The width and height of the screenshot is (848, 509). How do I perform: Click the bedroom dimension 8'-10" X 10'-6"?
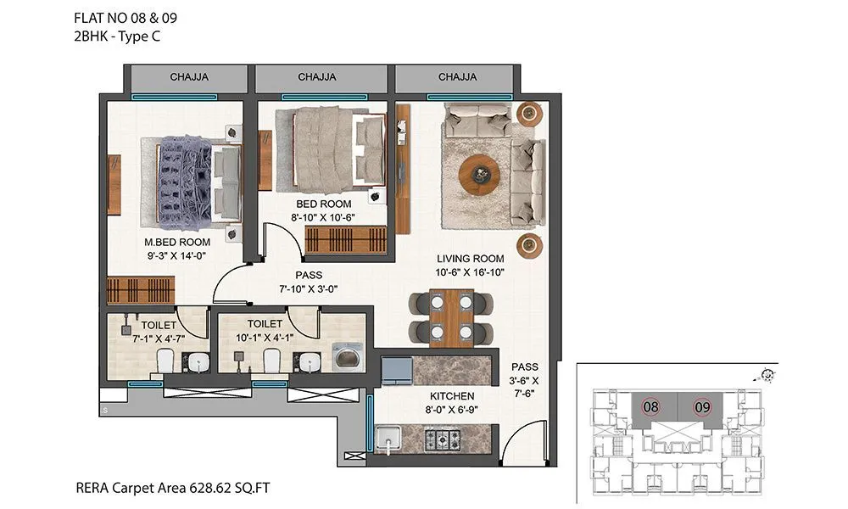tap(323, 217)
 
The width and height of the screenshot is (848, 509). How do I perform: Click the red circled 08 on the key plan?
tap(650, 406)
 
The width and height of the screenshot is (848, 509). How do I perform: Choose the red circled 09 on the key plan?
tap(700, 406)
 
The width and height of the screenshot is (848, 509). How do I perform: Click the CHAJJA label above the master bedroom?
tap(189, 77)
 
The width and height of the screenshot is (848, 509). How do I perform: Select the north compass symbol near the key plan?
tap(769, 373)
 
